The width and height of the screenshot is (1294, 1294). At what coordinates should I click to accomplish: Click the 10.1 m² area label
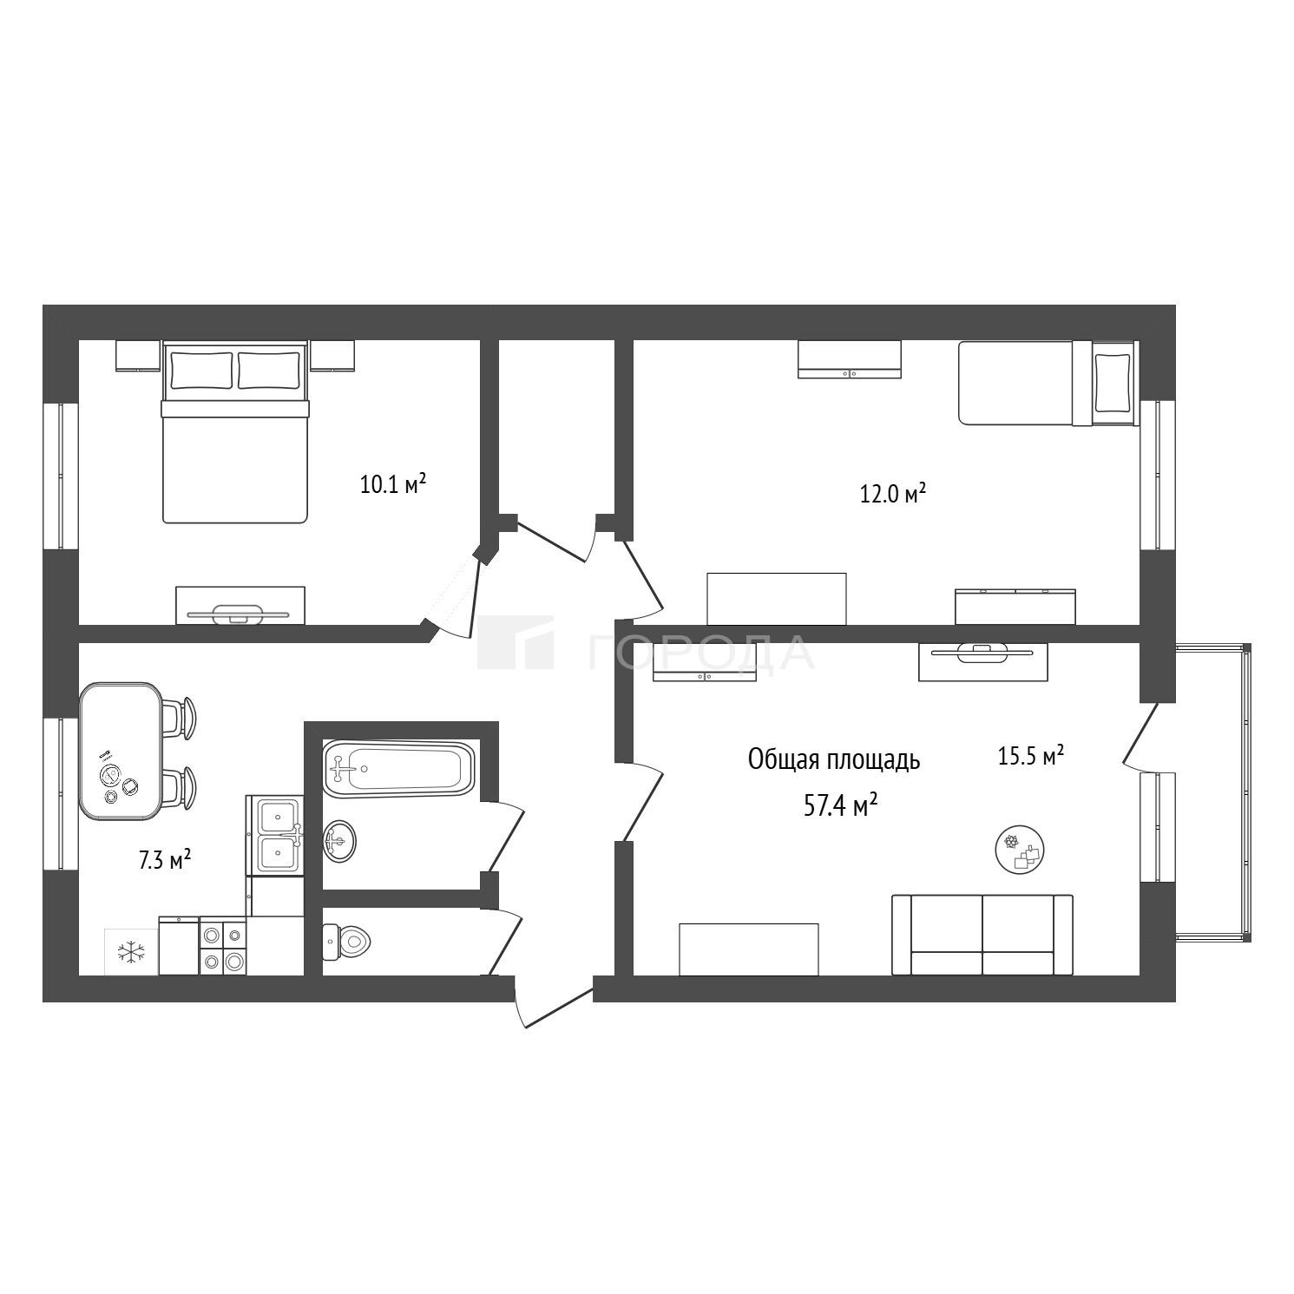pos(393,483)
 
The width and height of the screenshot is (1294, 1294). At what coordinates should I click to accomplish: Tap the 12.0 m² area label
pos(892,494)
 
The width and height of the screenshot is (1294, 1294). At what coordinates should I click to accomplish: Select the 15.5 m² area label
pos(1031,756)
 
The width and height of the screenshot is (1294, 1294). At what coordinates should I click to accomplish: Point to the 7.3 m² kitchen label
pos(165,860)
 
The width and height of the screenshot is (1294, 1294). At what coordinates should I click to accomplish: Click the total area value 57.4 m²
pos(841,806)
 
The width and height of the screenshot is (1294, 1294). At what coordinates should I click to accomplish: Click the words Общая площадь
pos(834,760)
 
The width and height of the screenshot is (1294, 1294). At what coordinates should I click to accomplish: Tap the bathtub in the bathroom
pos(399,767)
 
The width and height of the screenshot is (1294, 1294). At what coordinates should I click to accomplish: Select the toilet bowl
pos(346,940)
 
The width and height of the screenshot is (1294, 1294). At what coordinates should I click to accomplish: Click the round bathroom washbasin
pos(338,840)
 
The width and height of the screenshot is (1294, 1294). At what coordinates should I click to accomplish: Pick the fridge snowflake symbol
pos(131,951)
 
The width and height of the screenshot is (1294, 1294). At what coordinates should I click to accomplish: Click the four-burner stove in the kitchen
pos(223,947)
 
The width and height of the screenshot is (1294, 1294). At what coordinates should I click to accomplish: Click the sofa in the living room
pos(982,935)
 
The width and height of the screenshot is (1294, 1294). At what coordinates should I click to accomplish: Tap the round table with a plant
pos(1019,848)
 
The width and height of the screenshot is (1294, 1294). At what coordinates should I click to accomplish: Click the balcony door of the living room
pos(1140,734)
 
